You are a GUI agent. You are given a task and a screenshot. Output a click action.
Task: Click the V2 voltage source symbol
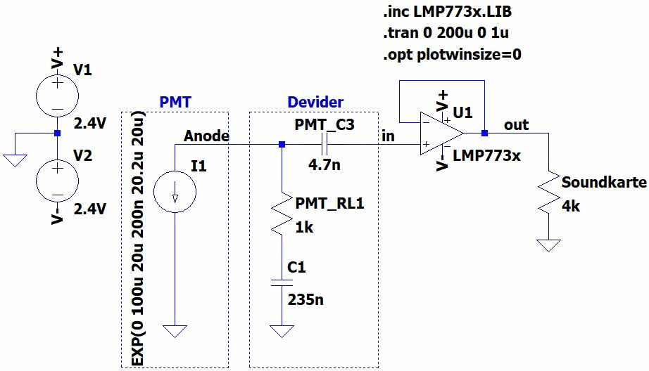(56, 176)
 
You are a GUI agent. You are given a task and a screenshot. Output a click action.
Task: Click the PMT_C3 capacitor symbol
(323, 145)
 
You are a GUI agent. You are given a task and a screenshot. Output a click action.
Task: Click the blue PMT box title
(175, 103)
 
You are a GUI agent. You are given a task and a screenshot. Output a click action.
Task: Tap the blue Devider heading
(315, 103)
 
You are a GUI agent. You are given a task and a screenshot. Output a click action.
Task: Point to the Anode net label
(206, 135)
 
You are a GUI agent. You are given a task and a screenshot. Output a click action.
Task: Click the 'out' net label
(516, 124)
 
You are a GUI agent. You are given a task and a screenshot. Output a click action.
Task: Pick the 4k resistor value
(571, 208)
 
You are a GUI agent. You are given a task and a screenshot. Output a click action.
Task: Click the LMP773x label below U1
(487, 155)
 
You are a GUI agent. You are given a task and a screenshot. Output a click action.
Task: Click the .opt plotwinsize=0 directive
(452, 54)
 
